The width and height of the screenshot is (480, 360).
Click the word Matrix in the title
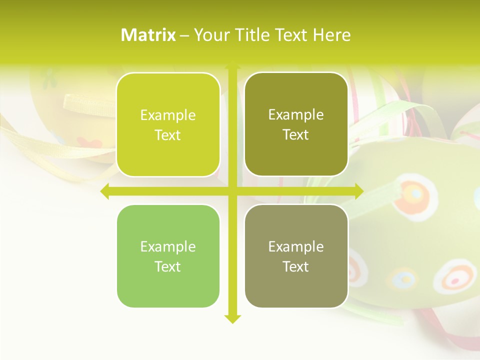pos(148,35)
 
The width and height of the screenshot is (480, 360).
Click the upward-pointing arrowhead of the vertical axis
pos(232,66)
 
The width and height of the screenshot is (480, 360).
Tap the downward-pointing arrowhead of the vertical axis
pos(232,318)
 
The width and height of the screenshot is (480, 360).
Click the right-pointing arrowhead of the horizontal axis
pos(358,191)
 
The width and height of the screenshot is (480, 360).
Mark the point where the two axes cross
pos(232,191)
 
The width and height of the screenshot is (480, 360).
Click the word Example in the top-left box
pos(168,115)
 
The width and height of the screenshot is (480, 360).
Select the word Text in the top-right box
pos(296,135)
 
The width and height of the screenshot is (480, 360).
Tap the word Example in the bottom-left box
pos(168,246)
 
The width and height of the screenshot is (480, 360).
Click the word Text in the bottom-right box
pos(296,266)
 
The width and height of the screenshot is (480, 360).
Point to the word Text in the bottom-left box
pos(168,266)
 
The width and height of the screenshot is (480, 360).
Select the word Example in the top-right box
pos(296,115)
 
